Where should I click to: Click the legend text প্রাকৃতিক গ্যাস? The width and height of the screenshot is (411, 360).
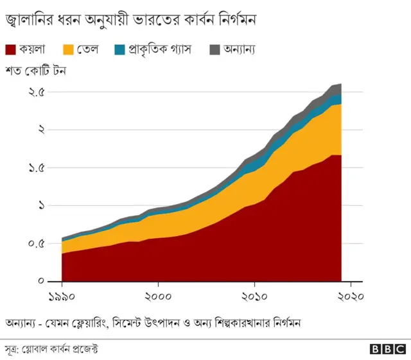tap(161, 49)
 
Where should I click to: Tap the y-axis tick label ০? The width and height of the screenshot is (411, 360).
tap(40, 281)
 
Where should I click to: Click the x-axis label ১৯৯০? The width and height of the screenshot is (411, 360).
tap(62, 296)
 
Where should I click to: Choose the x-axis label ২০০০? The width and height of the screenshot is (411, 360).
tap(158, 296)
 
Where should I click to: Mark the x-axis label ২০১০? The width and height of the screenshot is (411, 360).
tap(254, 296)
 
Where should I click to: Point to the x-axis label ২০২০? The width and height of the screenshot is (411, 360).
tap(350, 296)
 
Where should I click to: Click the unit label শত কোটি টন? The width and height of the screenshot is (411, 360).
tap(36, 71)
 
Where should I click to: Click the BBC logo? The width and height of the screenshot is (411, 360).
tap(388, 349)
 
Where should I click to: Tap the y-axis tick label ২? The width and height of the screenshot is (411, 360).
tap(40, 130)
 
